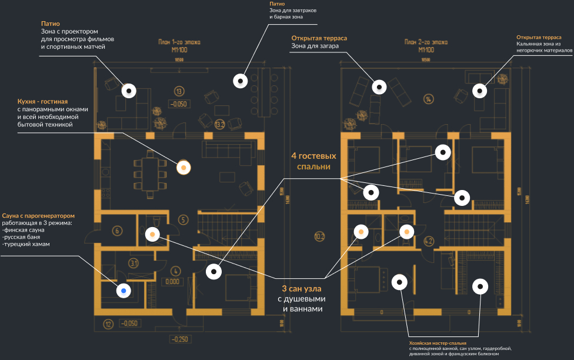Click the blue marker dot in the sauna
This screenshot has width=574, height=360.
coord(124,290)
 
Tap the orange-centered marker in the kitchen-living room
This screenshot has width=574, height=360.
coord(184,168)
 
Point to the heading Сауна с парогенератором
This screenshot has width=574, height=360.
coord(38,216)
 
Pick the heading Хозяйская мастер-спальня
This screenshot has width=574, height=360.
coord(438,342)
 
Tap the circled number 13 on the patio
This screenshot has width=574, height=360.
coord(179,91)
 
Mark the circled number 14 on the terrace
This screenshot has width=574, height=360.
coord(428,98)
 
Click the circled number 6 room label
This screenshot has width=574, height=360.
coord(117,231)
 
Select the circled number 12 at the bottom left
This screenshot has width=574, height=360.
coord(108,323)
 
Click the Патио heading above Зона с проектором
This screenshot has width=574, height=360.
coord(51,23)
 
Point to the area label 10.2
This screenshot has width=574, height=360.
coord(319,237)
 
